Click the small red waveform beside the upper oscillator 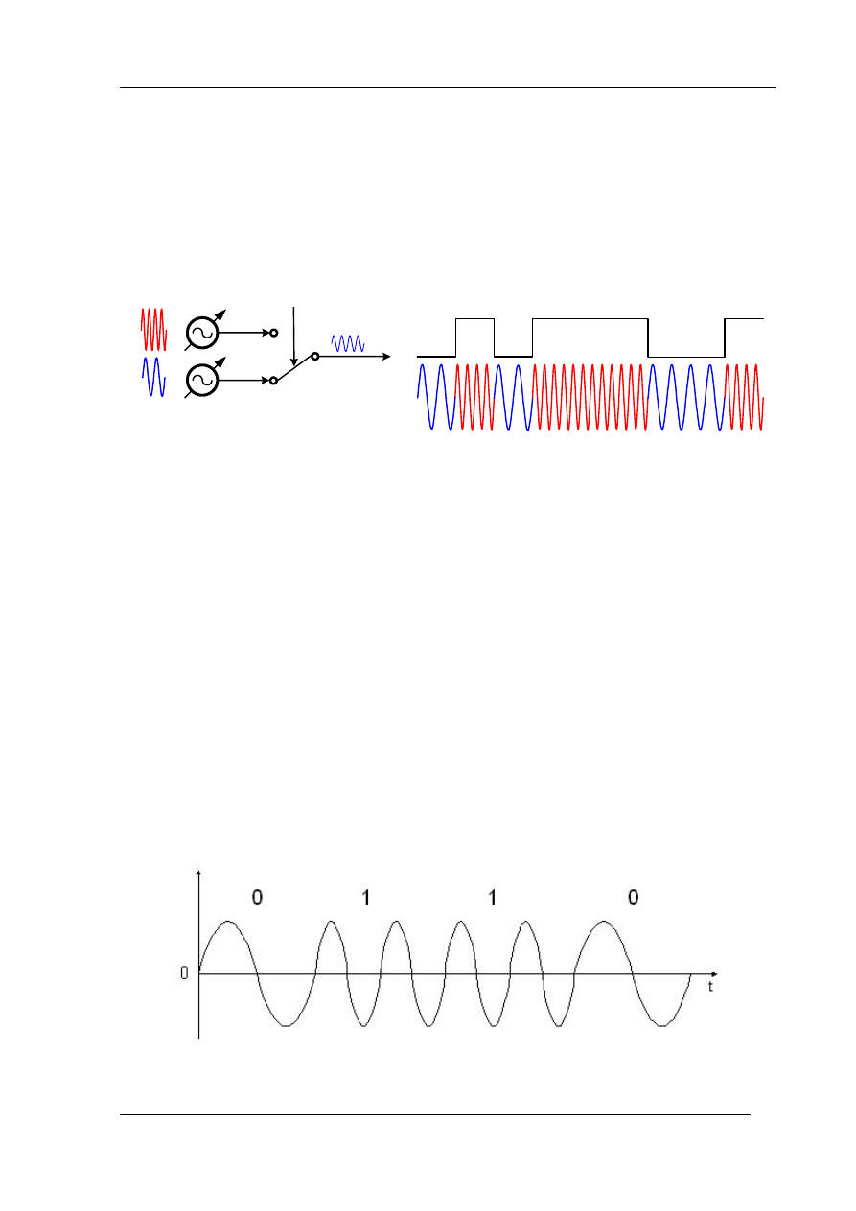(153, 329)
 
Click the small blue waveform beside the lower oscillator (153, 376)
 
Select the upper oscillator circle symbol (202, 333)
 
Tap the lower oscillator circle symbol (202, 381)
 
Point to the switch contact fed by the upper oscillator (273, 333)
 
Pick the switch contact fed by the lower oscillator (273, 381)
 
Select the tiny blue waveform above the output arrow (347, 342)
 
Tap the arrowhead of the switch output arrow (385, 356)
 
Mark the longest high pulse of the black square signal (590, 318)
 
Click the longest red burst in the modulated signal (590, 396)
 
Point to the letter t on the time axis (710, 987)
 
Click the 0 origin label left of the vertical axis (184, 973)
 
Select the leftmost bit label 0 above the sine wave (256, 897)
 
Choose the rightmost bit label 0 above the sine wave (633, 897)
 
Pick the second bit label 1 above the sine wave (492, 897)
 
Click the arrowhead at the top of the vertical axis (198, 873)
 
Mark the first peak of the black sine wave (227, 922)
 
